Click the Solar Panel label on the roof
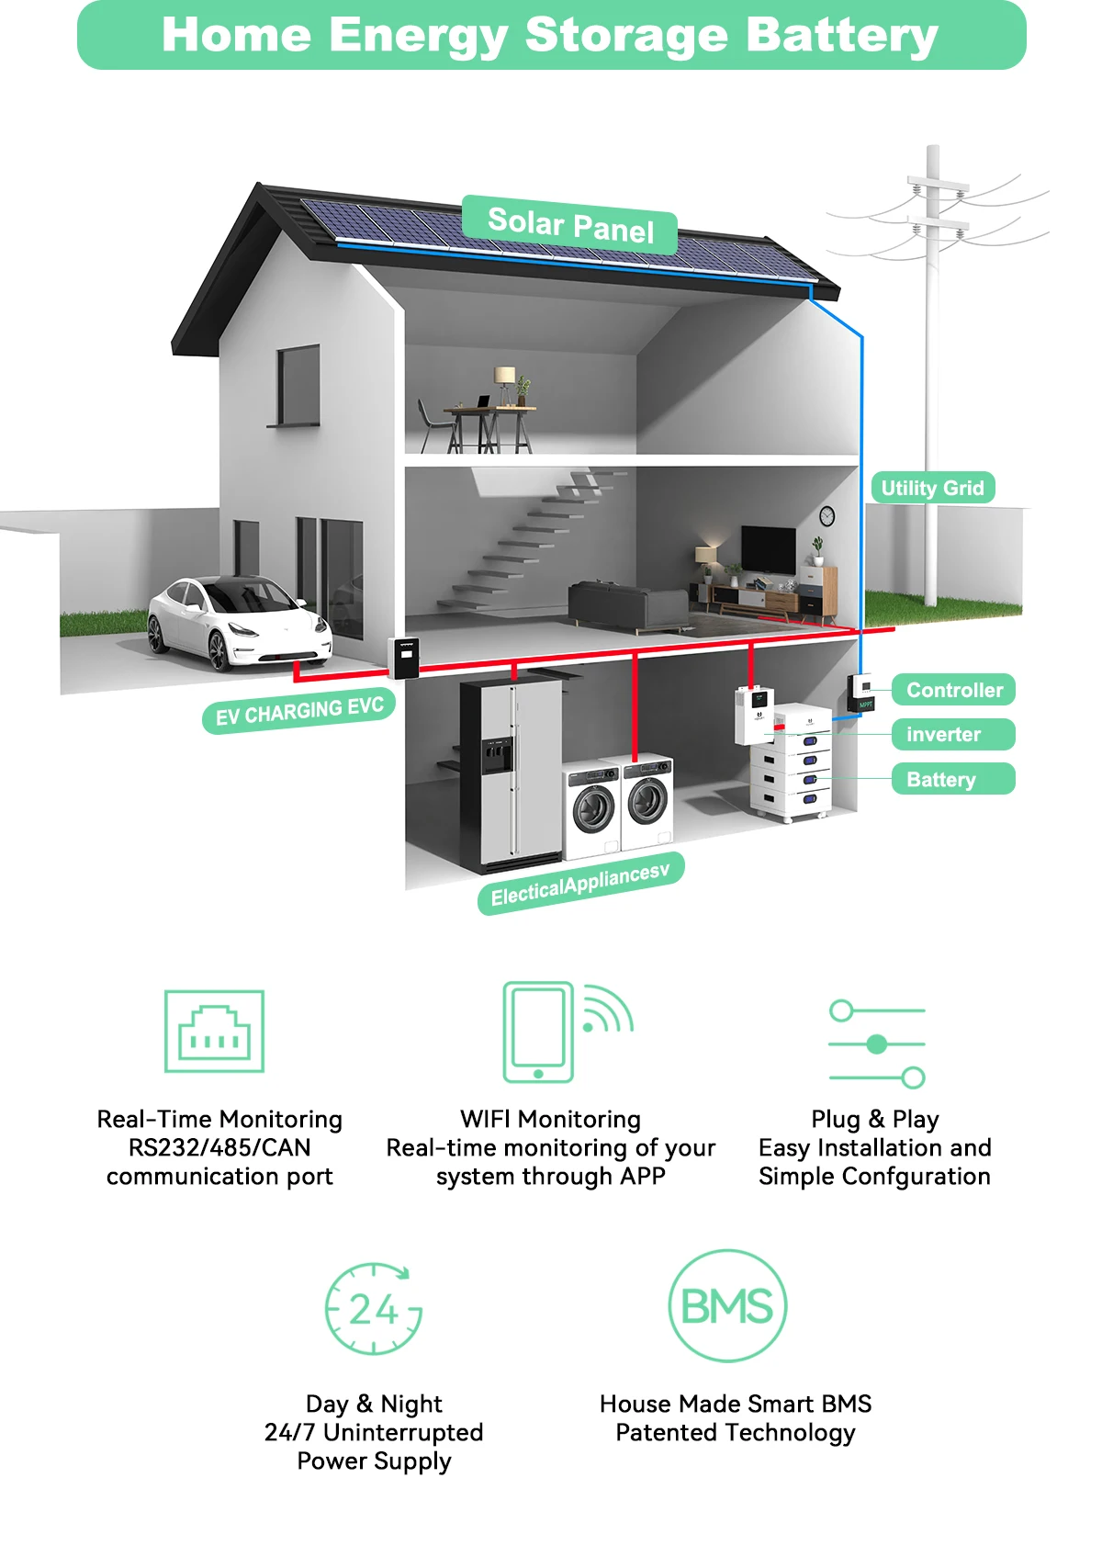[x=570, y=225]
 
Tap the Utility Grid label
[x=932, y=488]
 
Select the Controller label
[x=954, y=690]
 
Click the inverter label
[x=943, y=734]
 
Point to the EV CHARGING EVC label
[x=299, y=711]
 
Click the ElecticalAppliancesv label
[x=580, y=885]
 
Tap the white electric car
[x=239, y=623]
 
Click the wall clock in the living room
[x=826, y=516]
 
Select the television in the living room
[x=769, y=548]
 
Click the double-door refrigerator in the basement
[x=512, y=774]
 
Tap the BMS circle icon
[x=727, y=1305]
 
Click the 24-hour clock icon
[x=374, y=1308]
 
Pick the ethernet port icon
[x=214, y=1032]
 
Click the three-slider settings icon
[x=877, y=1043]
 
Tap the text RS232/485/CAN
[x=219, y=1147]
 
